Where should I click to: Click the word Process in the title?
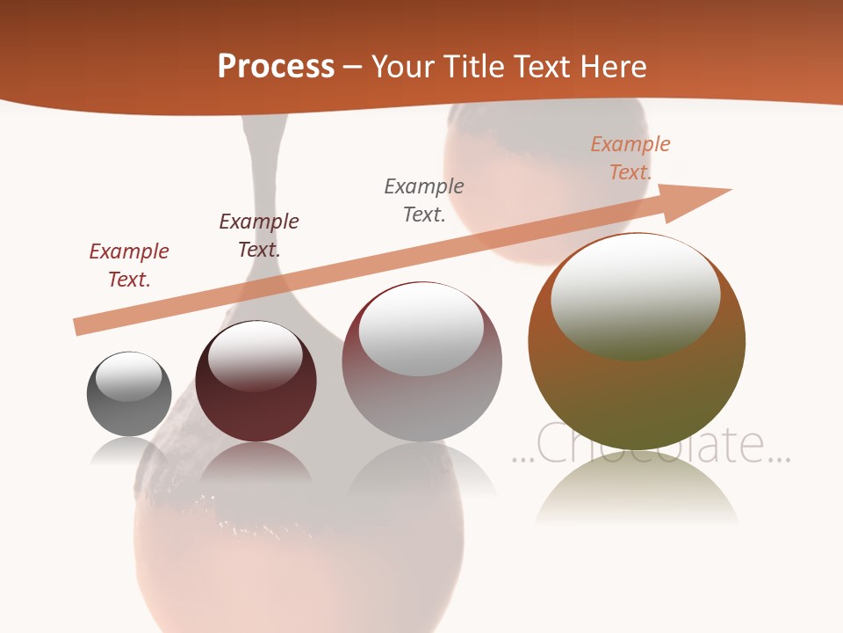(x=276, y=66)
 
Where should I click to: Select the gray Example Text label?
(x=424, y=200)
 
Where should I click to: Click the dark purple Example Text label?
(x=259, y=235)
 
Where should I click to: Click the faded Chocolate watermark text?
(x=651, y=444)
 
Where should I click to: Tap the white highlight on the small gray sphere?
(x=129, y=376)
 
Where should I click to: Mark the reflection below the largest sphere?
(x=637, y=492)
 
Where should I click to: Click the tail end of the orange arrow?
(x=77, y=327)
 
